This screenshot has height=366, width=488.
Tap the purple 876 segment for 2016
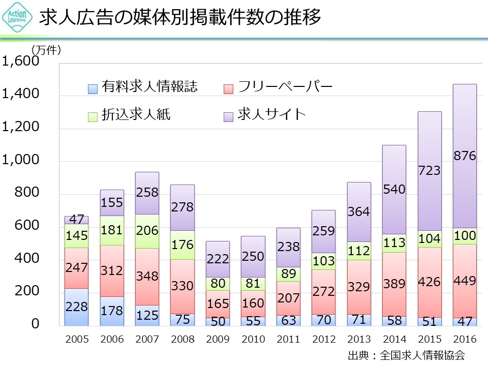pyautogui.click(x=465, y=156)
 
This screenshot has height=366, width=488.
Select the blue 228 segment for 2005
pyautogui.click(x=76, y=307)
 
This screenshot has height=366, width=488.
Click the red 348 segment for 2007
pyautogui.click(x=147, y=277)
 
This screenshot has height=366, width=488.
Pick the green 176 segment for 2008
pyautogui.click(x=182, y=245)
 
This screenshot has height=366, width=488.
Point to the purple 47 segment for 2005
pyautogui.click(x=76, y=220)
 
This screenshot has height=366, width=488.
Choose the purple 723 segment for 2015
pyautogui.click(x=430, y=171)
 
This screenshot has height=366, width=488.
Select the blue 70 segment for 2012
pyautogui.click(x=324, y=320)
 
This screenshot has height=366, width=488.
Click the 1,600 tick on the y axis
pyautogui.click(x=21, y=62)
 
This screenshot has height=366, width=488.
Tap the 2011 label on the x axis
pyautogui.click(x=288, y=339)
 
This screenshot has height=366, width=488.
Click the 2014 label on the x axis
pyautogui.click(x=394, y=339)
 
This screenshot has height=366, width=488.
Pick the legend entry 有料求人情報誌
pyautogui.click(x=149, y=87)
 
